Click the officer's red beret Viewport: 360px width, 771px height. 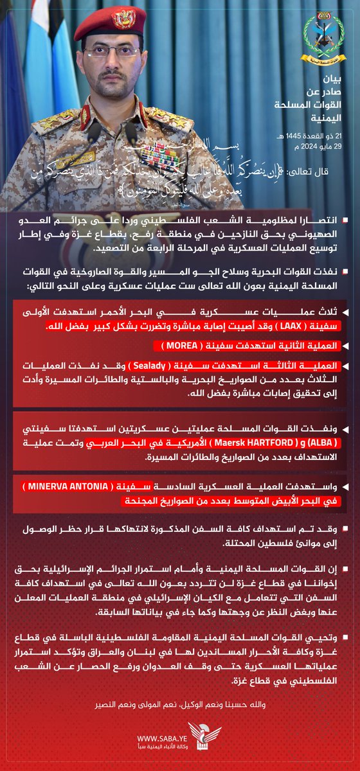(x=109, y=19)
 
